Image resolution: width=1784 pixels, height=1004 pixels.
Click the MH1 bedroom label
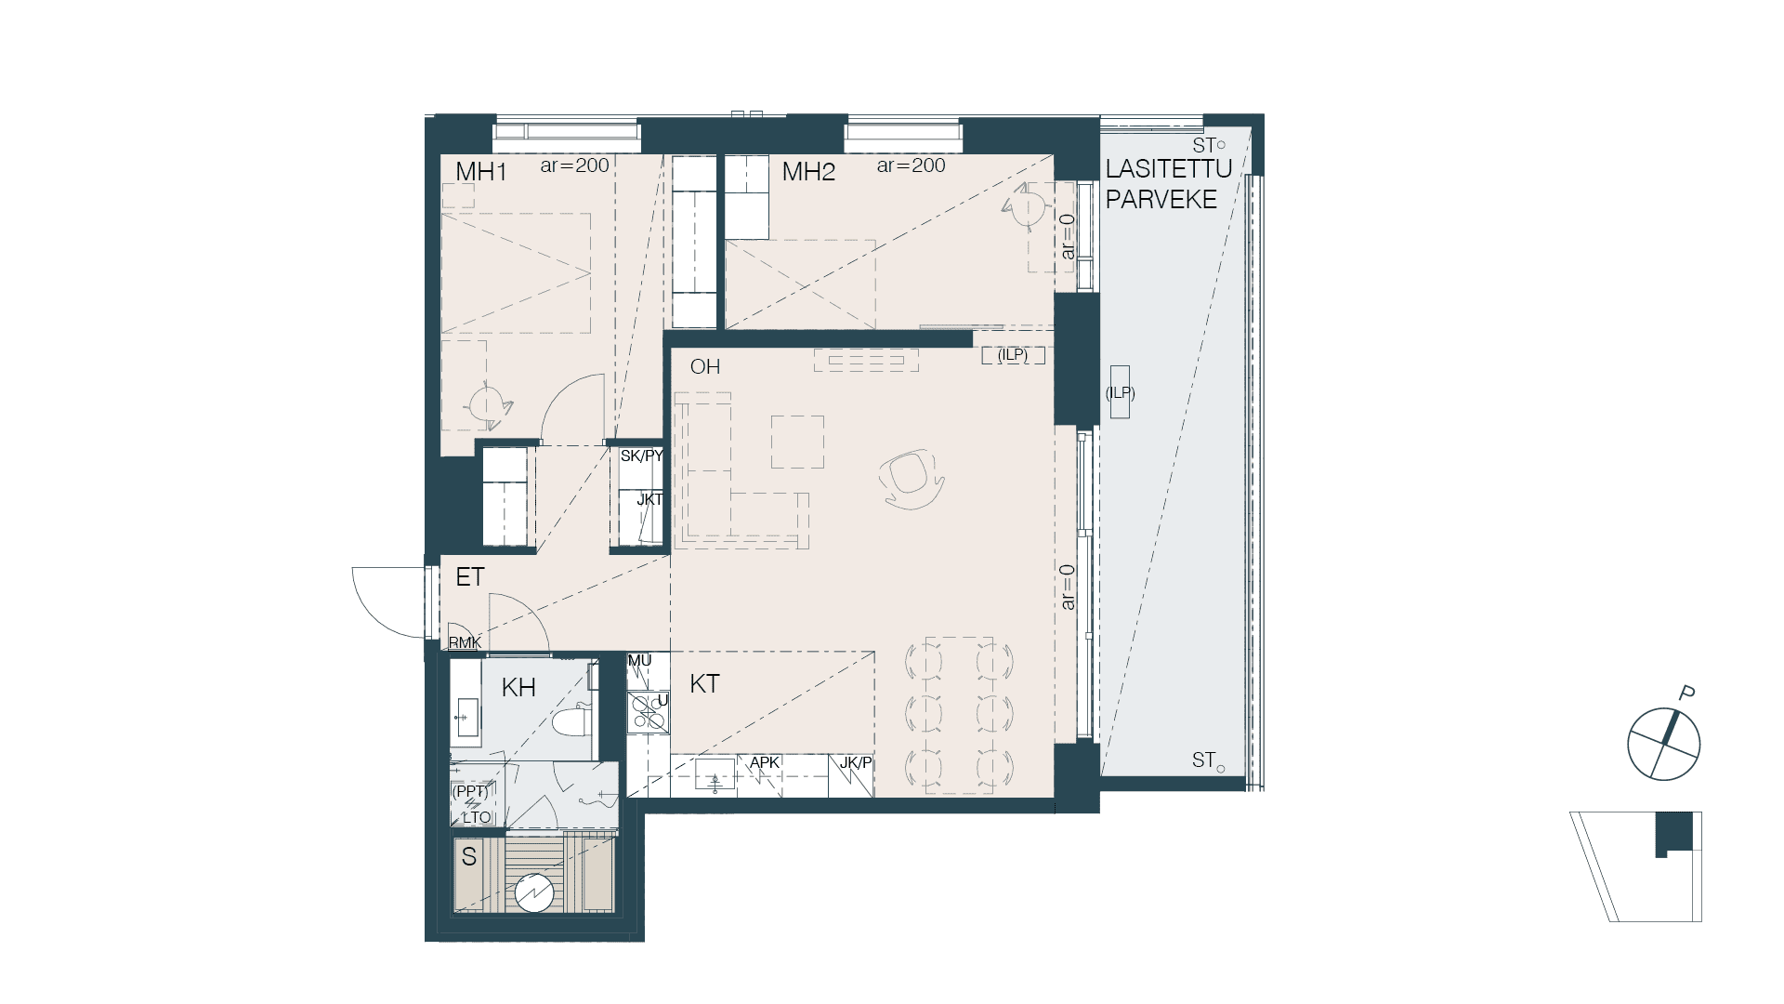coord(480,172)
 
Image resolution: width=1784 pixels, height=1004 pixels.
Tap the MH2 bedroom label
coord(808,172)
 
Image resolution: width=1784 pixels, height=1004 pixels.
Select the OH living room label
coord(705,366)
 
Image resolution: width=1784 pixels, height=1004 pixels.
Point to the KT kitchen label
coord(704,684)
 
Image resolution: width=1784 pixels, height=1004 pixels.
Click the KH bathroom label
coord(518,688)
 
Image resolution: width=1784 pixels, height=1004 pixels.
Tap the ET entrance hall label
coord(470,577)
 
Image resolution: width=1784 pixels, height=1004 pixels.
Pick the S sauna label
coord(469,856)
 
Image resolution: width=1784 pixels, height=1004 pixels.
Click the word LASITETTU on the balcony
coord(1169,169)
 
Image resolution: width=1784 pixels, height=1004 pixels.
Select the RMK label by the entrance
coord(466,643)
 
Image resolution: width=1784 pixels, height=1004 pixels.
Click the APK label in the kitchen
coord(765,762)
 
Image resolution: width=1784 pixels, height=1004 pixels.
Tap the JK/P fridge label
coord(856,763)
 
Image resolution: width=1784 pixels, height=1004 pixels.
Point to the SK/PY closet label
coord(642,456)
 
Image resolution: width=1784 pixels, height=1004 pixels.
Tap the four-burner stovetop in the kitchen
coord(648,712)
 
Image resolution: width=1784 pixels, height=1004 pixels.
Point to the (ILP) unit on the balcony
coord(1120,391)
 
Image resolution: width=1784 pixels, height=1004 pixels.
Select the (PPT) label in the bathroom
coord(469,792)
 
